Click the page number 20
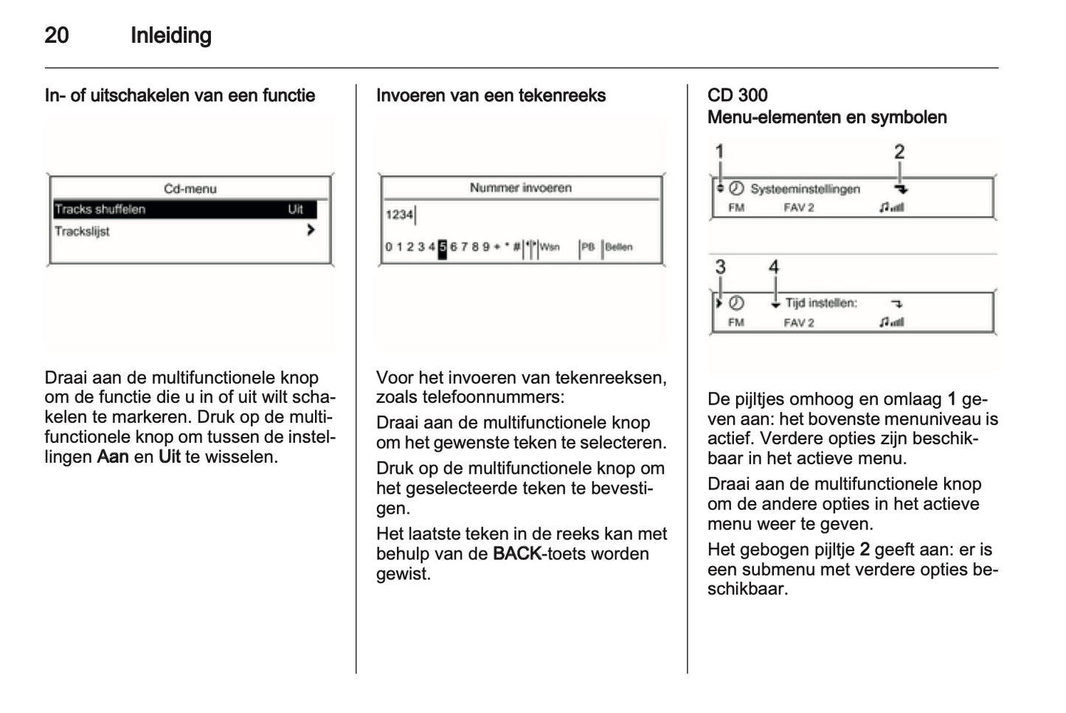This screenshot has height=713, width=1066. point(57,35)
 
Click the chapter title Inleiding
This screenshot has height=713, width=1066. point(170,35)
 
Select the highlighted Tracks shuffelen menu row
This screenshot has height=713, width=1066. point(184,210)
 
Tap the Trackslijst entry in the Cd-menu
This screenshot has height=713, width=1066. point(82,231)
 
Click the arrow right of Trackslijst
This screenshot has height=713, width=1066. point(311,230)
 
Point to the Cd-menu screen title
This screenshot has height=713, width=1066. point(190,189)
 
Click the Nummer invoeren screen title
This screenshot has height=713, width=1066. point(520,188)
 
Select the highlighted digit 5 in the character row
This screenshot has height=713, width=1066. point(443,247)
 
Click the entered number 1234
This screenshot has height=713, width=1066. point(399,215)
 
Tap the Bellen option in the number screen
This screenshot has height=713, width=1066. point(618,247)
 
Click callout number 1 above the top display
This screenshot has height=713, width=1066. point(720,152)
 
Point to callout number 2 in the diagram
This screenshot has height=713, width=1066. point(899,152)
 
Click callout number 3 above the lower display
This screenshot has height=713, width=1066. point(720,267)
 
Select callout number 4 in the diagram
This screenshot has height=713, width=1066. point(774,267)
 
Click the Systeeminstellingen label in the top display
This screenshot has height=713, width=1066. point(805,190)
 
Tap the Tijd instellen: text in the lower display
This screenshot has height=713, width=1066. point(820,303)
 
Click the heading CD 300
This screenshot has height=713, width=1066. point(737,95)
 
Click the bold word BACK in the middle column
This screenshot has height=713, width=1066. point(516,554)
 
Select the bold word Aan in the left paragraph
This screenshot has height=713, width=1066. point(113,457)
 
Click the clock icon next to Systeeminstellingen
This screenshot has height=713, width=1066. point(736,189)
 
